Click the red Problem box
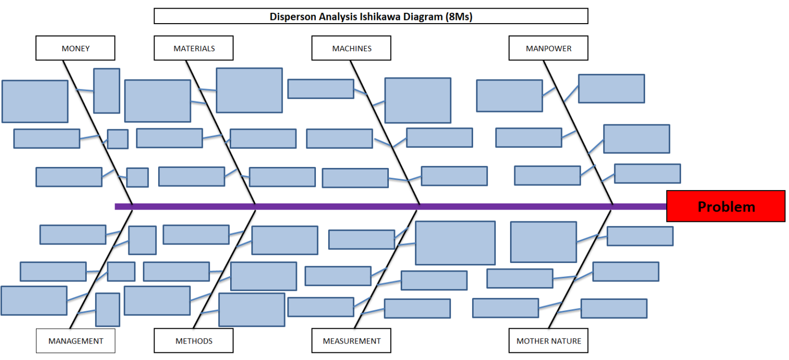pos(725,206)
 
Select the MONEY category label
pos(75,48)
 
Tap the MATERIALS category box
pos(194,48)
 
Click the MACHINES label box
pos(351,48)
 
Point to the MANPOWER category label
pos(548,48)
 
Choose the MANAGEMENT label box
pos(76,340)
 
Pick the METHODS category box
pos(194,340)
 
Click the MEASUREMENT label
pos(351,340)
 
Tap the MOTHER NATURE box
pos(548,340)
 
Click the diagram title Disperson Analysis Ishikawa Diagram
pos(370,16)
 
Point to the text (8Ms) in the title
pos(459,16)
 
